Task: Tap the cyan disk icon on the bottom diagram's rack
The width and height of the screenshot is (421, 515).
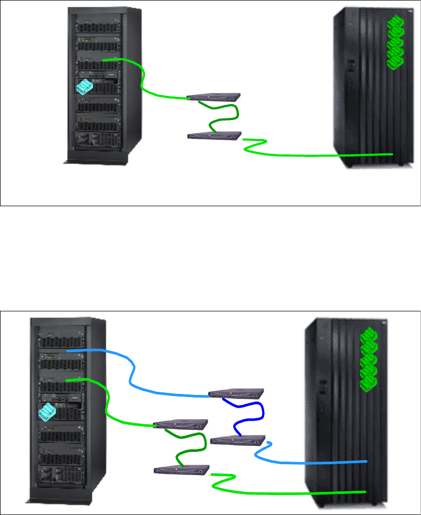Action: tap(47, 412)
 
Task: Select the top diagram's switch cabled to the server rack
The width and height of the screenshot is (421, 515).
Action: tap(214, 96)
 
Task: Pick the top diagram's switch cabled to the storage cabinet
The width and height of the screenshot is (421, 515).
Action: tap(214, 136)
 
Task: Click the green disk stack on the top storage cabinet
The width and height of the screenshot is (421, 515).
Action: tap(395, 44)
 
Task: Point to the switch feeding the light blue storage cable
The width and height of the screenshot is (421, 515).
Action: tap(238, 440)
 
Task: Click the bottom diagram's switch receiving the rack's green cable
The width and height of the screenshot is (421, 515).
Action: tap(182, 424)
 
